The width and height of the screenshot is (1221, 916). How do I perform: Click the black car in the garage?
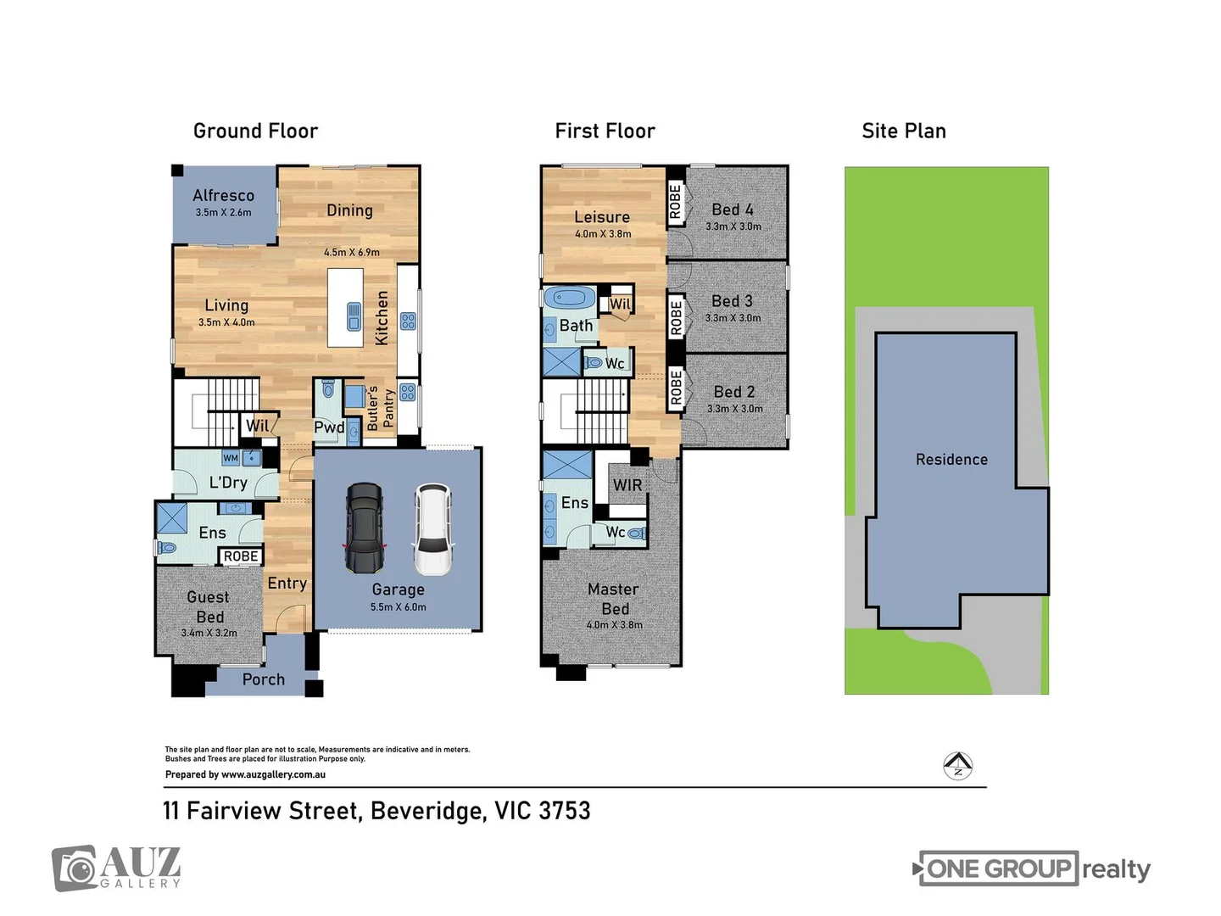click(364, 528)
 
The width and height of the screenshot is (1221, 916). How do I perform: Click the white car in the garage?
click(433, 529)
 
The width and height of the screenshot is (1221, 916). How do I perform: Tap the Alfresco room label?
click(223, 196)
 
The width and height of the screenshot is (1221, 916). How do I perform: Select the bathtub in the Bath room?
click(570, 299)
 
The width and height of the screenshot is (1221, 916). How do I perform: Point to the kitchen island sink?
click(354, 316)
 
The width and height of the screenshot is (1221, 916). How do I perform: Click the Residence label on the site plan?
click(951, 460)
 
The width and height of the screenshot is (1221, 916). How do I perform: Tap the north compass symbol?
click(957, 766)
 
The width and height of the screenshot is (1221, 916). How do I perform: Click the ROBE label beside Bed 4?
click(676, 202)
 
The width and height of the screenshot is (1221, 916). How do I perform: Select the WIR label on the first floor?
click(627, 485)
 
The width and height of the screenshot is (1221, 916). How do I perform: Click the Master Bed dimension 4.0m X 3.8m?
click(614, 625)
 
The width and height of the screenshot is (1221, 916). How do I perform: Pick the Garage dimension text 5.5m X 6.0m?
click(398, 607)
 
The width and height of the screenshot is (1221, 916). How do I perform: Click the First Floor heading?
click(605, 131)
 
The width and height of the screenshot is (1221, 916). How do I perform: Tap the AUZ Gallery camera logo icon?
click(75, 869)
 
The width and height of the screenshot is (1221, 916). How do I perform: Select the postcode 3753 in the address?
click(564, 811)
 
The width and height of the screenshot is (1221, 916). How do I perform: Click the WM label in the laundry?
click(231, 458)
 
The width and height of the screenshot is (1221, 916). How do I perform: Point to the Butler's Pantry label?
click(380, 408)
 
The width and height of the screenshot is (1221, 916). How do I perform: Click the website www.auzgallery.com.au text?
click(273, 774)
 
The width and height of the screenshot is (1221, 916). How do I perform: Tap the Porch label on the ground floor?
click(263, 679)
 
